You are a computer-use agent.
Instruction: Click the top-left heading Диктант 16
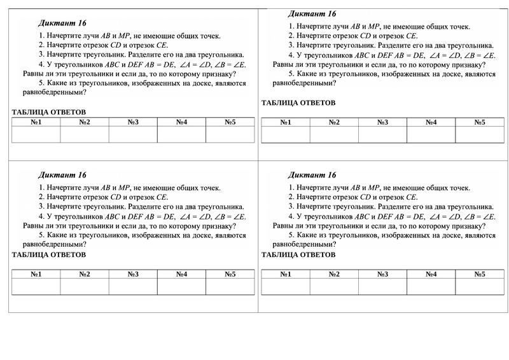pos(62,23)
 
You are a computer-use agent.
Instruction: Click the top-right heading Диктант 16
pos(312,13)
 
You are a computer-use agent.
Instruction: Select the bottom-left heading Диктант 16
pos(62,175)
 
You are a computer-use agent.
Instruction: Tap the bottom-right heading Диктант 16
pos(312,175)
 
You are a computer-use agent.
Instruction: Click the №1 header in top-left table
pos(36,122)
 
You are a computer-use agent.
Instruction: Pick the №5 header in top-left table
pos(230,122)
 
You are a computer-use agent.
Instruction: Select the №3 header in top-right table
pos(382,122)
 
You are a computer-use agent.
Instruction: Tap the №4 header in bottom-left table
pos(181,274)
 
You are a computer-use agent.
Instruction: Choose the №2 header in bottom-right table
pos(334,274)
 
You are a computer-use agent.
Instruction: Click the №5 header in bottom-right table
pos(479,274)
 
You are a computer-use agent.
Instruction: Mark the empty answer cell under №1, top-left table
pos(36,134)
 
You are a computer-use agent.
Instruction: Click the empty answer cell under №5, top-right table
pos(479,134)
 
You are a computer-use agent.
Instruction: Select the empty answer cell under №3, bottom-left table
pos(133,287)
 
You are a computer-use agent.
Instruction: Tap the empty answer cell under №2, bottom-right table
pos(334,287)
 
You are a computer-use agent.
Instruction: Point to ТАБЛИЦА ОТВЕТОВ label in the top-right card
pos(298,102)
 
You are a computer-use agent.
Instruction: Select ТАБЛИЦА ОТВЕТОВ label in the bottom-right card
pos(298,254)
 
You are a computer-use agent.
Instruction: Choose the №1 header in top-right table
pos(286,122)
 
